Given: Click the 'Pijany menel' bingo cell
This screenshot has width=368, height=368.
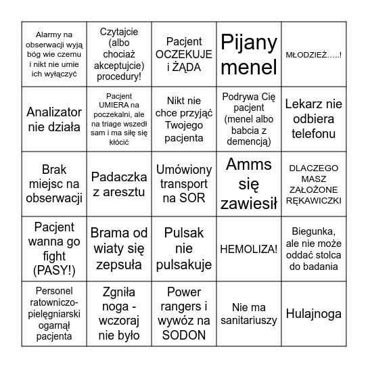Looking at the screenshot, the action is [x=249, y=54].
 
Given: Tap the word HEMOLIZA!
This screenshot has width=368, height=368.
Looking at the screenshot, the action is [x=249, y=249].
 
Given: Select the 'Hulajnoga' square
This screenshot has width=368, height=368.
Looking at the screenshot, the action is [x=313, y=314].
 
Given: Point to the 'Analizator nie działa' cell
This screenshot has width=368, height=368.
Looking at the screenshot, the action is [x=53, y=119].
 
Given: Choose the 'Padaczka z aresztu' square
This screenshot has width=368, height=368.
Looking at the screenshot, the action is [x=119, y=184].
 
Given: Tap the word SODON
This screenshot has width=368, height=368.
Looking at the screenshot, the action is [x=184, y=334].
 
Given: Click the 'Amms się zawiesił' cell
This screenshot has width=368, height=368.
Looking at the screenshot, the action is [x=249, y=184].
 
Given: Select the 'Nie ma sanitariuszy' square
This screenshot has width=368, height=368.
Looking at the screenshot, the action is [x=249, y=314].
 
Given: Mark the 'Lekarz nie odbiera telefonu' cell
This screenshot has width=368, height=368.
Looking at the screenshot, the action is [x=313, y=119].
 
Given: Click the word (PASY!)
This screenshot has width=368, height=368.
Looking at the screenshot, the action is [x=54, y=271].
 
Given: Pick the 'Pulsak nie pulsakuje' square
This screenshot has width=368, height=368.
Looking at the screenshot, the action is [x=184, y=249].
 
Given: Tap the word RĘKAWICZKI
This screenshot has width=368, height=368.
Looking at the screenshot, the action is [x=313, y=200].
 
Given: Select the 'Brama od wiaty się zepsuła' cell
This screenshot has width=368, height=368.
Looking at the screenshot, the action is [x=119, y=249].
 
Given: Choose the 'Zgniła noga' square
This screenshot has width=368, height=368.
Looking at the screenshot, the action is [x=119, y=314].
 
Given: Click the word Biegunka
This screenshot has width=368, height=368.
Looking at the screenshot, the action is [x=313, y=232].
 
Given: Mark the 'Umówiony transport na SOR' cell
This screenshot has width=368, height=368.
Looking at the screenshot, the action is [x=184, y=184].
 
